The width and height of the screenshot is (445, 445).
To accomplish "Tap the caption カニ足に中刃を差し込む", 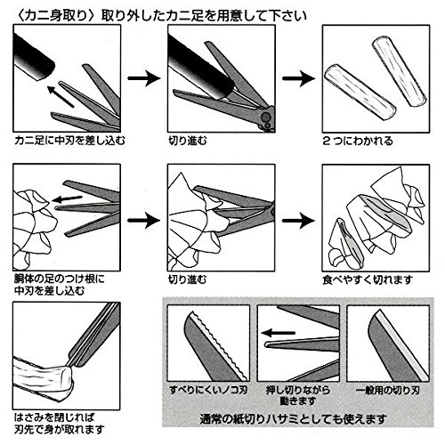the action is point(69,141).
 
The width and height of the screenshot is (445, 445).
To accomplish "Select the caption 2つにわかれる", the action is point(358,141).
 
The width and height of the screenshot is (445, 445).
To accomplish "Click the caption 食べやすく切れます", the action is point(368,279).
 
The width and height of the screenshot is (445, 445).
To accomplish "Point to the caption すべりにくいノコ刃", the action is point(208,390).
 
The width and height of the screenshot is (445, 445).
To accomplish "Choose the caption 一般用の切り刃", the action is point(388,390).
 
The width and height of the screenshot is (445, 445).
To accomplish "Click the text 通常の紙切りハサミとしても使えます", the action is point(293,419).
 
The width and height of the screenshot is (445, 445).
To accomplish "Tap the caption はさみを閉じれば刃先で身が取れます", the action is point(60,424).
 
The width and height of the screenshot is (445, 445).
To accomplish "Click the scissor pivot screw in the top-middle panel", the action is point(265,117).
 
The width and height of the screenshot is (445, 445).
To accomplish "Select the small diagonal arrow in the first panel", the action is point(61,96).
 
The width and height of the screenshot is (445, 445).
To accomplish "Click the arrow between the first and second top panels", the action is point(144,78).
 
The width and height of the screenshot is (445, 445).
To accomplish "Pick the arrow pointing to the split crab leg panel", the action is point(298,78).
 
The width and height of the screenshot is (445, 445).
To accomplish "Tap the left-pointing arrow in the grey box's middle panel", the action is point(279,333).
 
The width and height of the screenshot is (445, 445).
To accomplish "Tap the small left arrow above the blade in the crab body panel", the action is point(67,199).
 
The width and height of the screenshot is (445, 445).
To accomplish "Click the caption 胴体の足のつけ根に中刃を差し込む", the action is point(60,285).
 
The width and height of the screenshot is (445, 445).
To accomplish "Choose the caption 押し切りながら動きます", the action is point(298,396).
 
